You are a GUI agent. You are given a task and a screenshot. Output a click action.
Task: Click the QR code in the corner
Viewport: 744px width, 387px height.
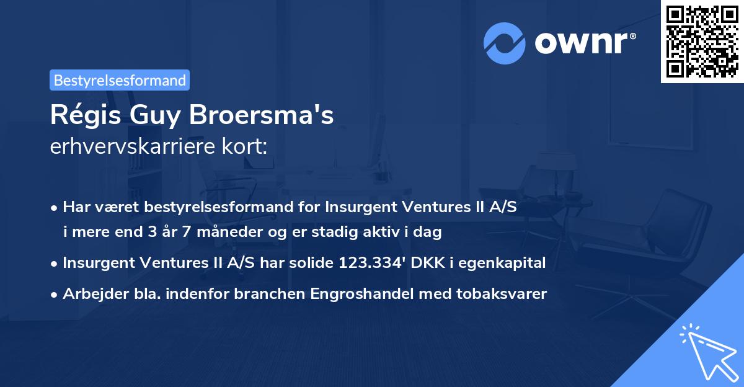[702, 41]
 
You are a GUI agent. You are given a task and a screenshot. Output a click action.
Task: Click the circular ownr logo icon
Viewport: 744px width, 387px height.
[505, 43]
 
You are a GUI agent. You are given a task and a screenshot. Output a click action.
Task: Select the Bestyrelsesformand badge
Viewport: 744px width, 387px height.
[120, 80]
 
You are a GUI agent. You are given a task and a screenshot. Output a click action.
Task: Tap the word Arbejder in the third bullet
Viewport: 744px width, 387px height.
[90, 293]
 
